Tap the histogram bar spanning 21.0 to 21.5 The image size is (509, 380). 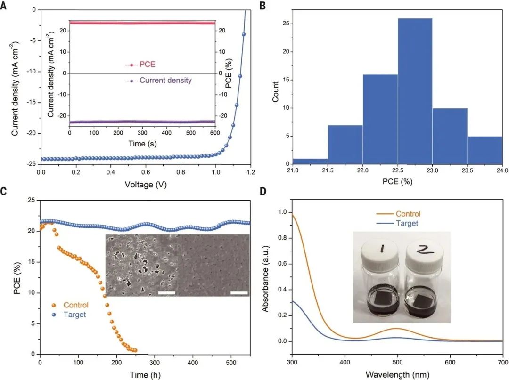[x=310, y=161]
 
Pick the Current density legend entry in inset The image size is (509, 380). [x=165, y=81]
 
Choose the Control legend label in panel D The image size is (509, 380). [x=408, y=214]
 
